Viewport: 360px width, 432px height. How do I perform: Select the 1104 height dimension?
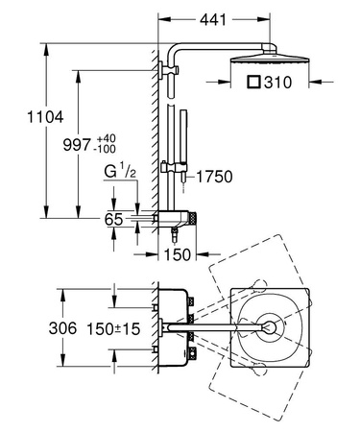(20, 118)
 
